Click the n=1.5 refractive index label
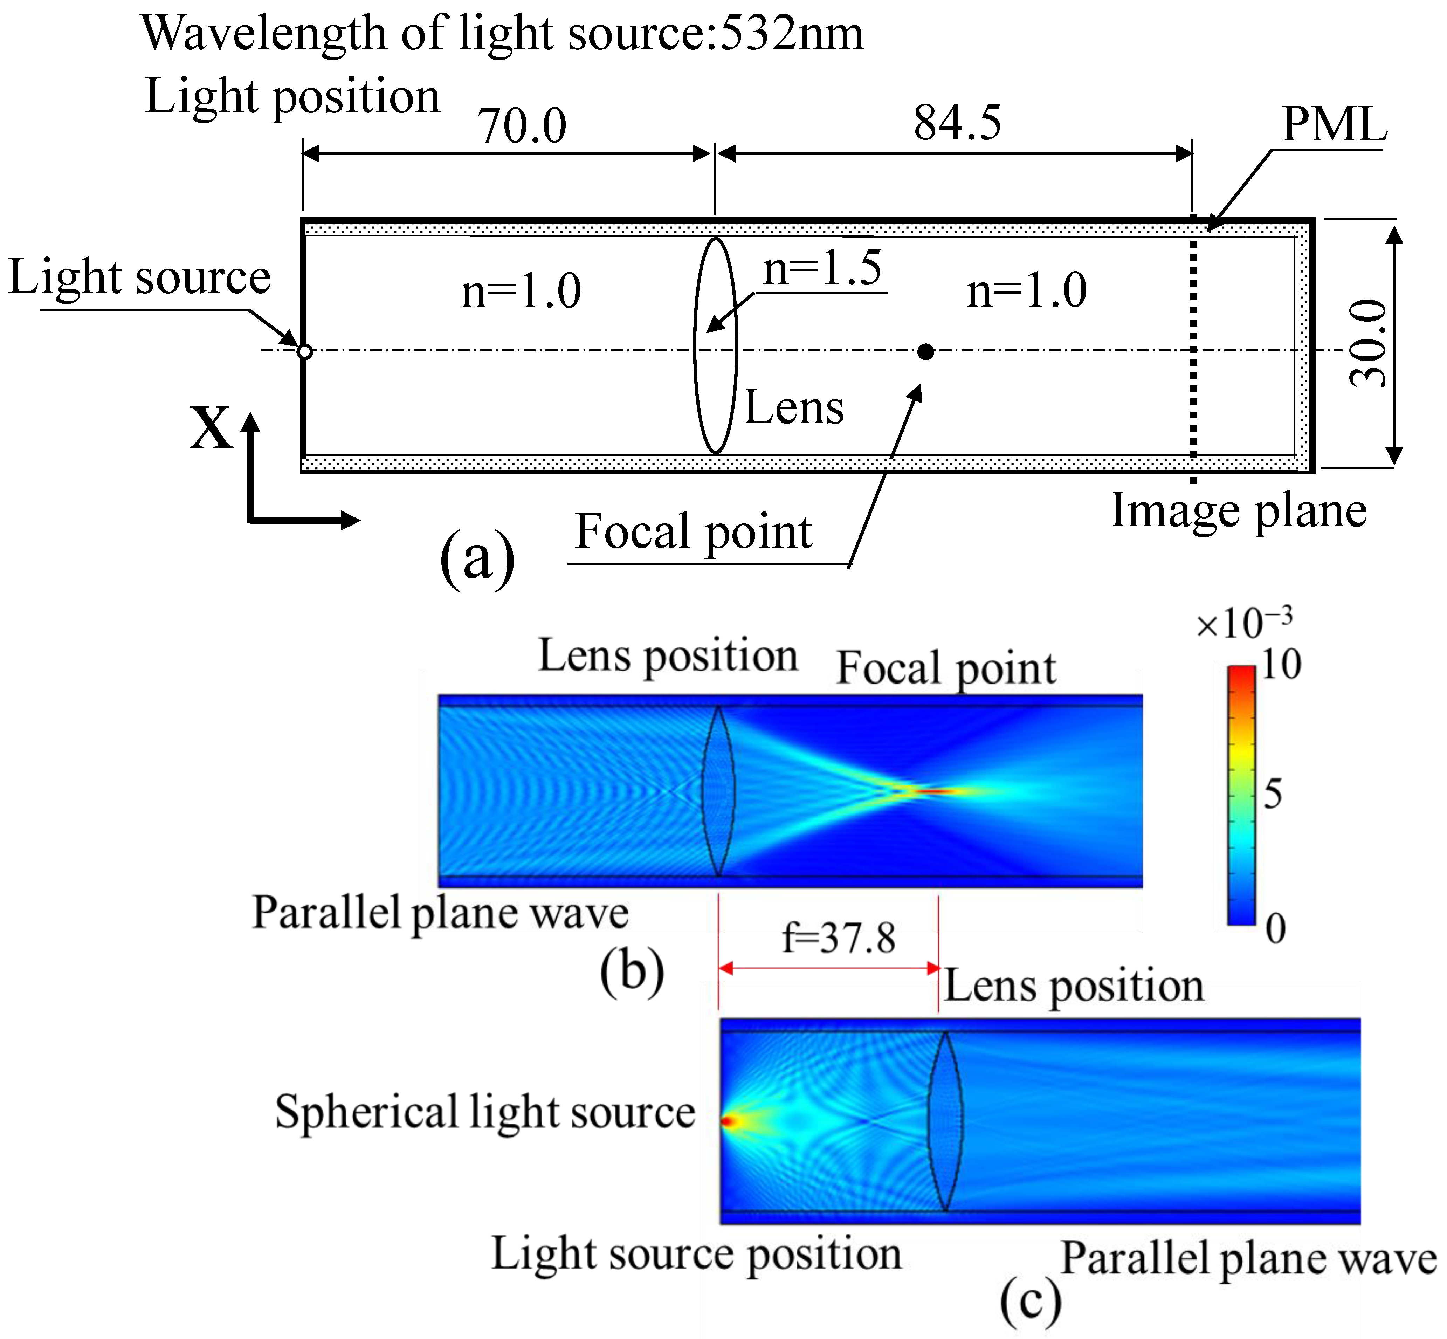coord(822,268)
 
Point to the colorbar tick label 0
coord(1275,928)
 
